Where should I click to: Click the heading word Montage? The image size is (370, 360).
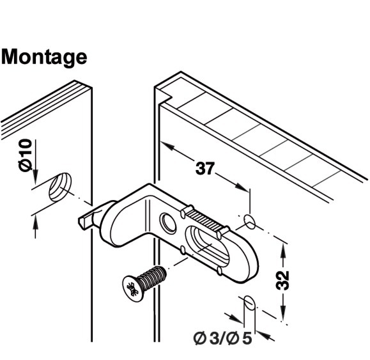tap(44, 58)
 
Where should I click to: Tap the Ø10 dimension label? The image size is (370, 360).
tap(25, 155)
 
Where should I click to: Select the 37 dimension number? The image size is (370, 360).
tap(205, 168)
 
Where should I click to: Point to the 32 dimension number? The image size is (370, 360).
tap(282, 281)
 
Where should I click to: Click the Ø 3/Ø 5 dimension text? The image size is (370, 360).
tap(222, 339)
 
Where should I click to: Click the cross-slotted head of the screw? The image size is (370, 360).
tap(132, 288)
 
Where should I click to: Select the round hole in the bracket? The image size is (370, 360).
tap(168, 223)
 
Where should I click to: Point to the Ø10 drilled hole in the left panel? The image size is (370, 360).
tap(60, 187)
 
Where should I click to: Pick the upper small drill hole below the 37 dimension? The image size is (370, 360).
tap(251, 222)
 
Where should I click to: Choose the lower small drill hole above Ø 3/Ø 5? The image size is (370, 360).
tap(250, 302)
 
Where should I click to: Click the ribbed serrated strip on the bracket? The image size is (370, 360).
tap(203, 218)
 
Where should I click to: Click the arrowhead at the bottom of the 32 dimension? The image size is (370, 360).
tap(283, 313)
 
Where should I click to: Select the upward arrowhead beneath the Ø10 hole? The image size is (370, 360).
tap(35, 223)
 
